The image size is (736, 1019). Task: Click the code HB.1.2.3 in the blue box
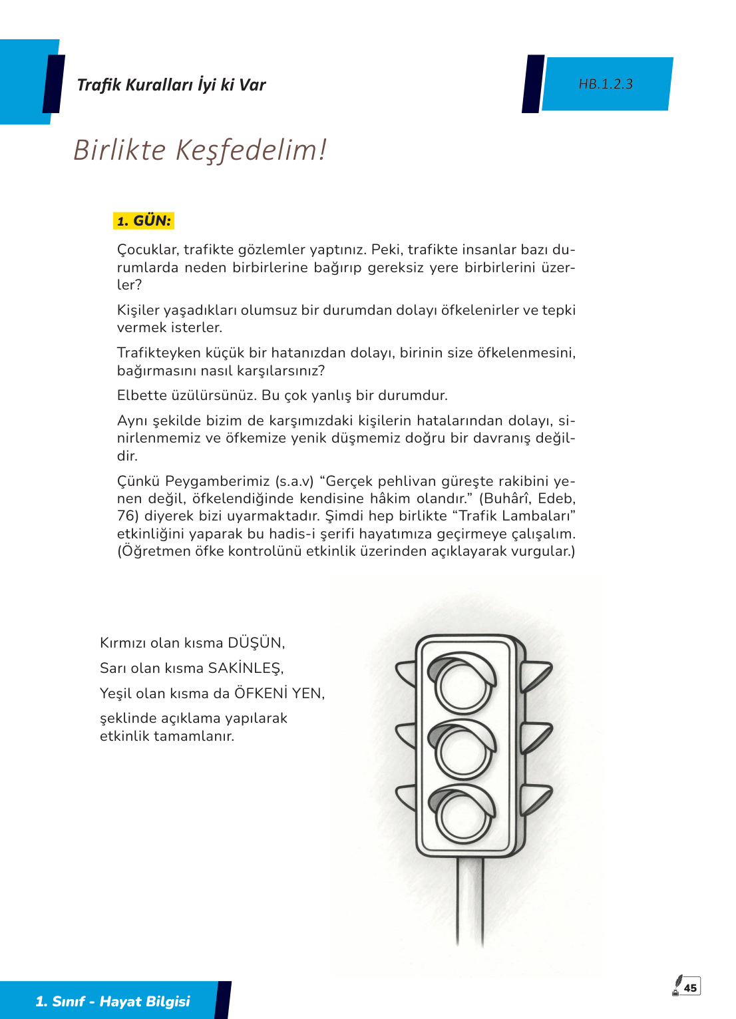[606, 85]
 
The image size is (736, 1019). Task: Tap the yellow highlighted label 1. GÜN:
[144, 221]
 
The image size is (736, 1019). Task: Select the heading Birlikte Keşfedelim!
[200, 150]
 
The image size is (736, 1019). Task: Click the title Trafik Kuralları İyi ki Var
[171, 85]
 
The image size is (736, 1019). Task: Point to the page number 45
[691, 988]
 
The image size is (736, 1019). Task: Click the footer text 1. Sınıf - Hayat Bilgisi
[112, 1001]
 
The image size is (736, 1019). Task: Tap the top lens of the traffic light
[463, 686]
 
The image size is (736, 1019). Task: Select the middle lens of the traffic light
[463, 750]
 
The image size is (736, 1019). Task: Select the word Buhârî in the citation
[506, 499]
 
